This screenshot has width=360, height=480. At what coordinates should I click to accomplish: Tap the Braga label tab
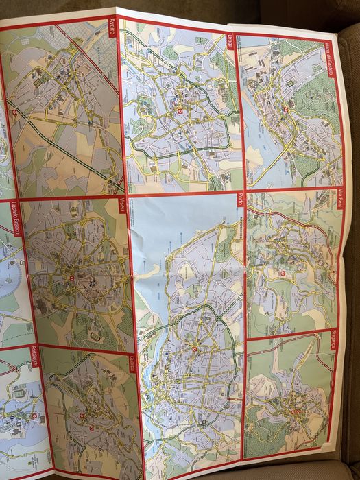click(232, 41)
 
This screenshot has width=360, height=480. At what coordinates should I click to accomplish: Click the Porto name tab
click(240, 200)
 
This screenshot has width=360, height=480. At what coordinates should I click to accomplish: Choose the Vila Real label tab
click(340, 199)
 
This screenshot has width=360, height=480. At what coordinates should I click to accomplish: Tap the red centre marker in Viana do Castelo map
click(285, 111)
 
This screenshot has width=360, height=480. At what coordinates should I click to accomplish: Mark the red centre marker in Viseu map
click(71, 278)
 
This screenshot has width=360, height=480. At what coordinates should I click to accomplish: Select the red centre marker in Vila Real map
click(282, 274)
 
